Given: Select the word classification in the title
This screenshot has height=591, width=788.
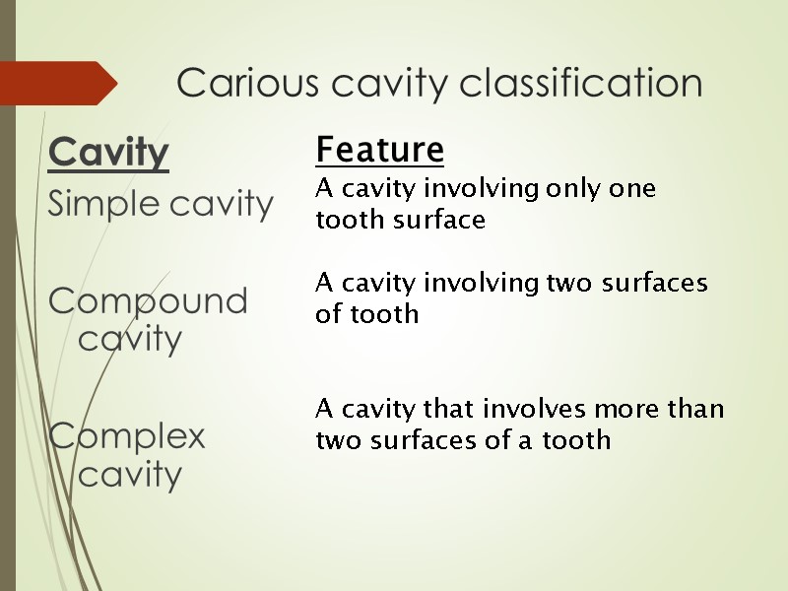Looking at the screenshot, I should (x=582, y=83).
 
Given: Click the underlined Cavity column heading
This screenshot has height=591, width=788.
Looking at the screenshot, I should (x=108, y=153).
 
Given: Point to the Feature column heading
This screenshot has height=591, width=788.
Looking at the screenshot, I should (x=379, y=151).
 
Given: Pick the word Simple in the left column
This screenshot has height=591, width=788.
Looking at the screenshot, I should (x=102, y=205).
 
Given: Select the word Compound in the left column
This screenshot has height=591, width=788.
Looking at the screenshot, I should (x=148, y=300).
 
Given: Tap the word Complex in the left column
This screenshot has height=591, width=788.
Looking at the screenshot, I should (x=127, y=435).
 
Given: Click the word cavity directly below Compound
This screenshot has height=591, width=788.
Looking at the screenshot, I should (x=130, y=340).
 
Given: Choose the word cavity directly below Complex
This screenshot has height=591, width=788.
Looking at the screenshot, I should (x=130, y=475).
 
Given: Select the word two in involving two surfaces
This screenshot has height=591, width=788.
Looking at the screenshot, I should (x=553, y=284).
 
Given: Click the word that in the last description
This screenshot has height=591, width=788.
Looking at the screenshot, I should (x=444, y=408).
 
